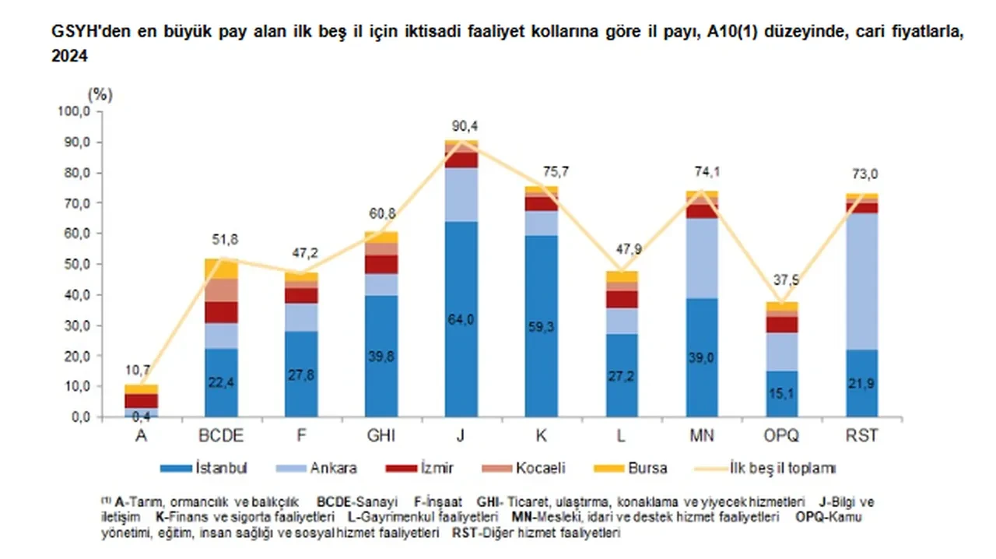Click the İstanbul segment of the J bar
[461, 319]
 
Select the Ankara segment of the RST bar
[861, 280]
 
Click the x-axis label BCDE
[221, 435]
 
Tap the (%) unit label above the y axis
[100, 95]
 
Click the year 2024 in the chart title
[69, 57]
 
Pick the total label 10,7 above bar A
[141, 370]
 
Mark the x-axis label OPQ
[782, 435]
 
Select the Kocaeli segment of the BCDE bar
[221, 290]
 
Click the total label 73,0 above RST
[862, 174]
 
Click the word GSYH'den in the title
[87, 33]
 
